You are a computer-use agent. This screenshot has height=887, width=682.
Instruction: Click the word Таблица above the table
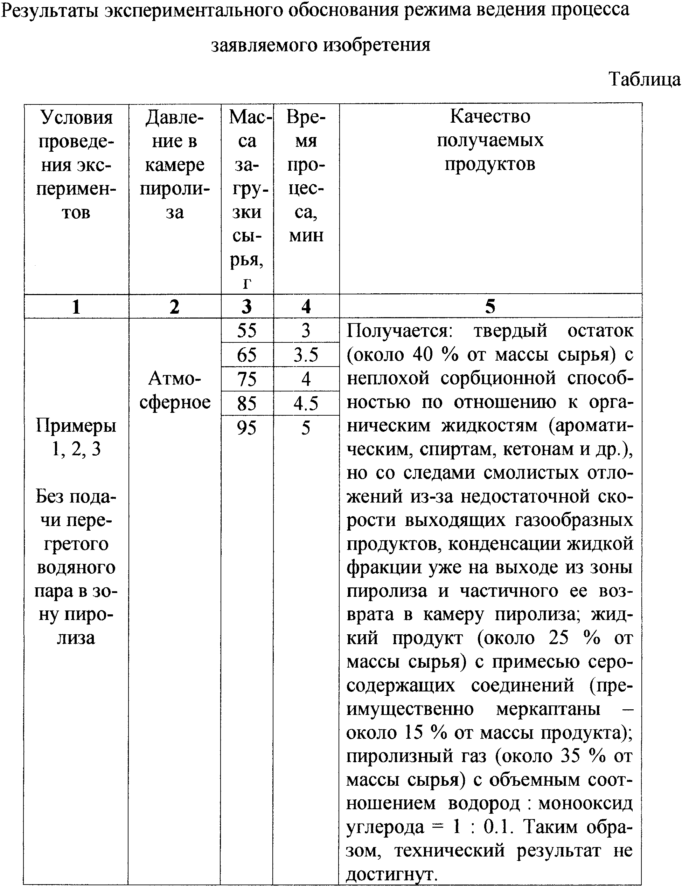pos(644,80)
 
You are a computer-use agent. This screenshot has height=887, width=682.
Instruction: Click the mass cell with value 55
pos(247,330)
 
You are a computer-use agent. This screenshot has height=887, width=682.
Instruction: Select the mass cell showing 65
pos(247,355)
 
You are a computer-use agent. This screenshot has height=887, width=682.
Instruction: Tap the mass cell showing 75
pos(247,379)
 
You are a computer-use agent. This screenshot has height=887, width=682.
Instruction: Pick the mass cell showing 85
pos(247,403)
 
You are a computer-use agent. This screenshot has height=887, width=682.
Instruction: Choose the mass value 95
pos(247,428)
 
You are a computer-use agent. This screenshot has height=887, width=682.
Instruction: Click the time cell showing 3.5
pos(306,355)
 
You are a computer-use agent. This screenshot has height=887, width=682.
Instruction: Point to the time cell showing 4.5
pos(306,403)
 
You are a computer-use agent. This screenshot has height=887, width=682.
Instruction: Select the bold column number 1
pos(76,307)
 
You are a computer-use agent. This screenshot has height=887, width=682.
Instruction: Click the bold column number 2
pos(174,307)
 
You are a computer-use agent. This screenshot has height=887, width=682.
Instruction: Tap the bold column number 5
pos(490,307)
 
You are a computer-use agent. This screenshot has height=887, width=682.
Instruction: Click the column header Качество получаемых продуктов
pos(490,140)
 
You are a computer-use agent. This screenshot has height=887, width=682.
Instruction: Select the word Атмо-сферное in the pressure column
pos(175,390)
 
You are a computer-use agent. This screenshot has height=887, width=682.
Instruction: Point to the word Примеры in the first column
pos(76,426)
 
